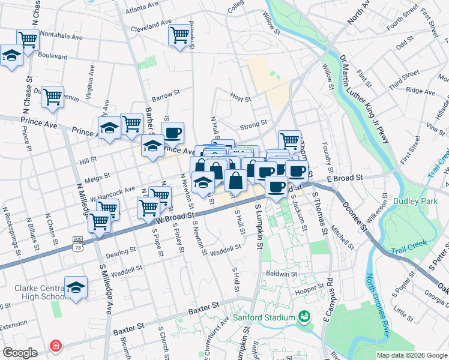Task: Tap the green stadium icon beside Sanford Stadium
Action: pyautogui.click(x=304, y=317)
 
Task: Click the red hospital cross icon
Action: pyautogui.click(x=56, y=346)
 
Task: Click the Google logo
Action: pyautogui.click(x=20, y=353)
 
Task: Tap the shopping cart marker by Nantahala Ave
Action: pyautogui.click(x=28, y=40)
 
